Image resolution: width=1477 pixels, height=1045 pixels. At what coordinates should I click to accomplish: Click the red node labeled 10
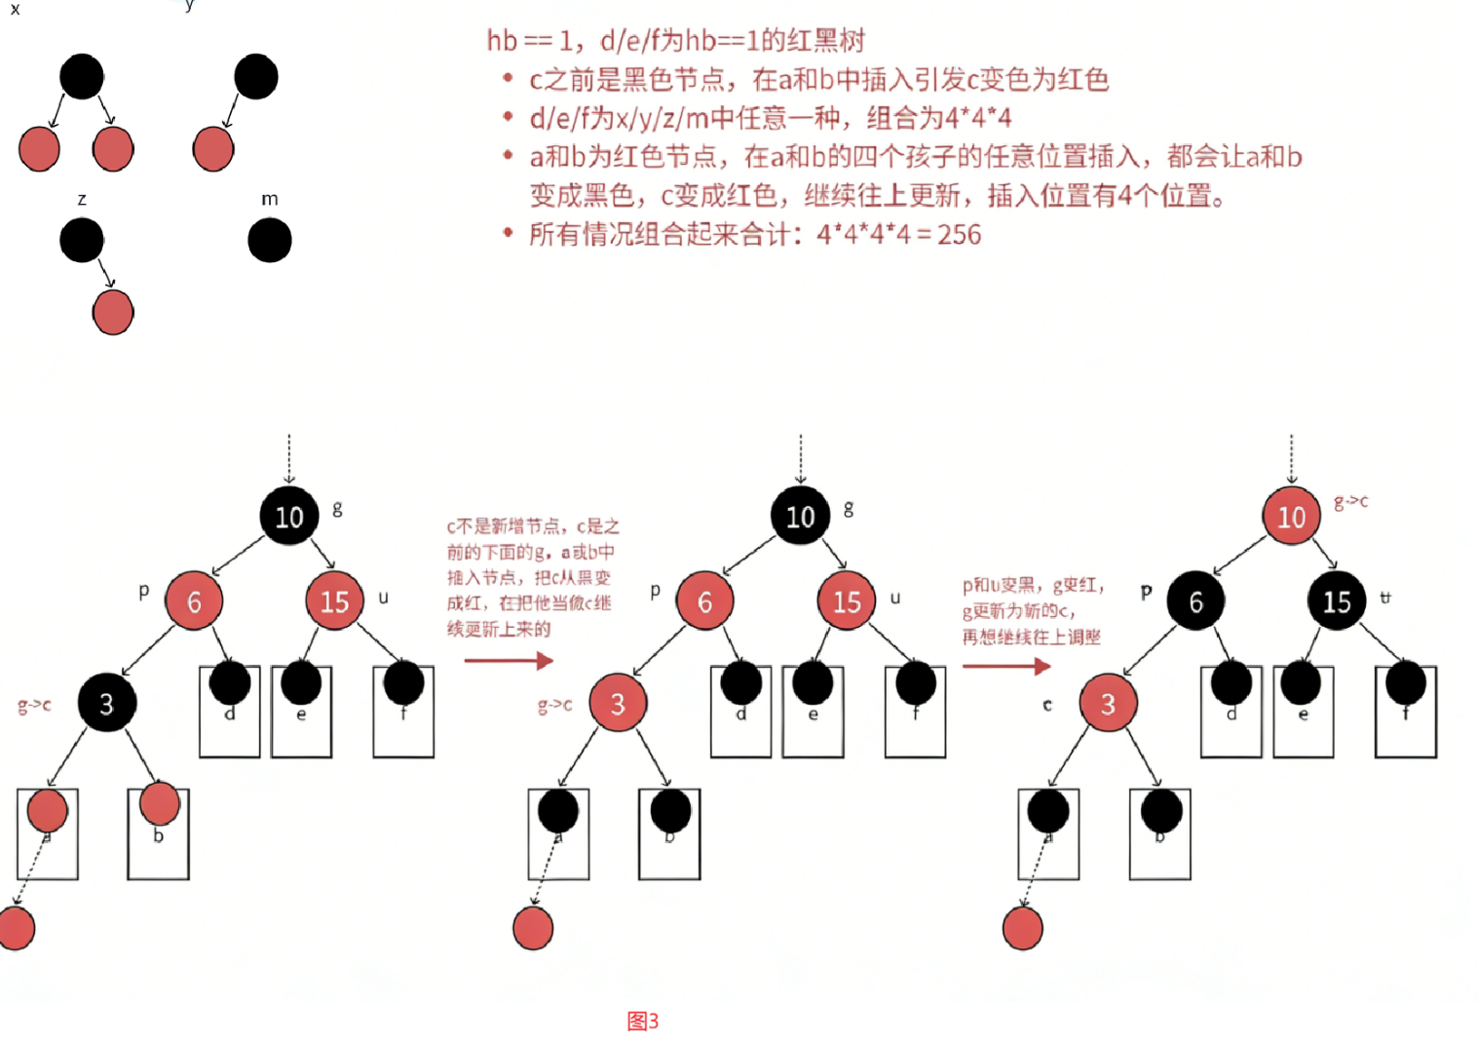click(1291, 517)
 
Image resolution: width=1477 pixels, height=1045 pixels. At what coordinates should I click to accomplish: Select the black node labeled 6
click(1195, 602)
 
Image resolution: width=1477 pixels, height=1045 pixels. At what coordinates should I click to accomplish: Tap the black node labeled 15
click(1336, 602)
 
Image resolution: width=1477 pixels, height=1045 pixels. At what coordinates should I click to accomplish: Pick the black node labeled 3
click(106, 703)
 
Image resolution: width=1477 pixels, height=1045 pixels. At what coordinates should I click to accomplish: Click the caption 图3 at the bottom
click(642, 1021)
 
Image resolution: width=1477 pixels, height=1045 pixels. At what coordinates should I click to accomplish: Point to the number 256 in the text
click(959, 235)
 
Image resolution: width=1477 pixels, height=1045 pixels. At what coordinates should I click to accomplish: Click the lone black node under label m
click(270, 240)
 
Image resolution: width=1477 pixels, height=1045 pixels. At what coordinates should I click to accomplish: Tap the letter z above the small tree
click(82, 199)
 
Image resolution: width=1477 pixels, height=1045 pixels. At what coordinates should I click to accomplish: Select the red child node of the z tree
click(113, 313)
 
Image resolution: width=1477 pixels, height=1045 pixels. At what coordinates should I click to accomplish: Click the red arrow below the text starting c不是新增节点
click(509, 661)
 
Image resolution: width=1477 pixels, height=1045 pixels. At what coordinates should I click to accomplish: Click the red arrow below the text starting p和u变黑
click(1006, 667)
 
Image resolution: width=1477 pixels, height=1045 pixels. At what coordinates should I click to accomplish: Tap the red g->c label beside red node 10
click(1350, 501)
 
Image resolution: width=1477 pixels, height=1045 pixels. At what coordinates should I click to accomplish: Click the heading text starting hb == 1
click(675, 40)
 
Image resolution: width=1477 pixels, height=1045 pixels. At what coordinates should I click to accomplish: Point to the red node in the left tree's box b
click(160, 803)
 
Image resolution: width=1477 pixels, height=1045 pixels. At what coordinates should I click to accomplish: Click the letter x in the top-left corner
click(15, 9)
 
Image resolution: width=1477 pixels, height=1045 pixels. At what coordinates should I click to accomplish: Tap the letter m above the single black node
click(270, 199)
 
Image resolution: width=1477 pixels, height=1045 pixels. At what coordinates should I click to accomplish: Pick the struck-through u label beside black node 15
click(1384, 597)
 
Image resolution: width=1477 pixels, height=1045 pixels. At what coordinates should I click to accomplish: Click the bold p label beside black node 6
click(1146, 591)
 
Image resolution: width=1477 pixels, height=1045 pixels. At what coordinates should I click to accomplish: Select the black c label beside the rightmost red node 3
click(1047, 704)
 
